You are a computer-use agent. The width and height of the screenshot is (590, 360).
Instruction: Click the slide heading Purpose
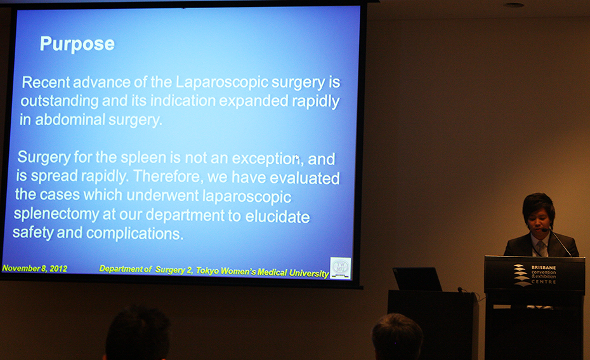click(x=77, y=44)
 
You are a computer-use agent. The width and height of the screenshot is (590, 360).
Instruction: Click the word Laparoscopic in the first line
click(x=222, y=83)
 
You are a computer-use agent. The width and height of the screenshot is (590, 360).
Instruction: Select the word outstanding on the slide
click(x=60, y=102)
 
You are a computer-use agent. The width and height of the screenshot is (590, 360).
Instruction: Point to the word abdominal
click(x=70, y=120)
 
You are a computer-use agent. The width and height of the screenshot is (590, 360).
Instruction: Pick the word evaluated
click(x=305, y=178)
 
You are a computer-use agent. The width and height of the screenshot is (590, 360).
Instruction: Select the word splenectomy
click(x=56, y=214)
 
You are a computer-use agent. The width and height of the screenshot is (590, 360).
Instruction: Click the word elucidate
click(x=278, y=217)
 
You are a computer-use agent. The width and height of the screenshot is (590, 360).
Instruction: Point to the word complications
click(x=134, y=234)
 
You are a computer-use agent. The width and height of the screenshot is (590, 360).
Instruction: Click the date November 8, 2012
click(x=35, y=269)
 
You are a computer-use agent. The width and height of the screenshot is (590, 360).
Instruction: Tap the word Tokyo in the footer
click(x=207, y=271)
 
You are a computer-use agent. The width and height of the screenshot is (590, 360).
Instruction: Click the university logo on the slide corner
click(x=341, y=268)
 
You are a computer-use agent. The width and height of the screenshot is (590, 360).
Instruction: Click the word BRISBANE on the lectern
click(x=544, y=267)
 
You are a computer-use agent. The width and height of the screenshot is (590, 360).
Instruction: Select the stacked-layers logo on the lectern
click(x=523, y=275)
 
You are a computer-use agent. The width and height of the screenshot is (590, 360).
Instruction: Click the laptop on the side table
click(x=417, y=279)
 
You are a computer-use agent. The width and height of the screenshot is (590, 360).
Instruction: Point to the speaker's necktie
click(x=541, y=248)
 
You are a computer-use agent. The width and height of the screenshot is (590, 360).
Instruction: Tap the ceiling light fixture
click(x=514, y=5)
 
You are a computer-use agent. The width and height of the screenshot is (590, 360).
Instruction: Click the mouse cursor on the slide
click(x=298, y=158)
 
